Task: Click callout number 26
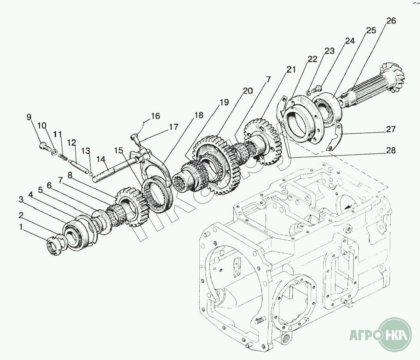391,21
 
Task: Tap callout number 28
391,150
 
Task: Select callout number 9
29,117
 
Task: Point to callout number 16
155,116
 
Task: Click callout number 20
248,91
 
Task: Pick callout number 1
21,227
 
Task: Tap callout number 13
86,151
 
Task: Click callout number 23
330,51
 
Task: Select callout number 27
391,129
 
